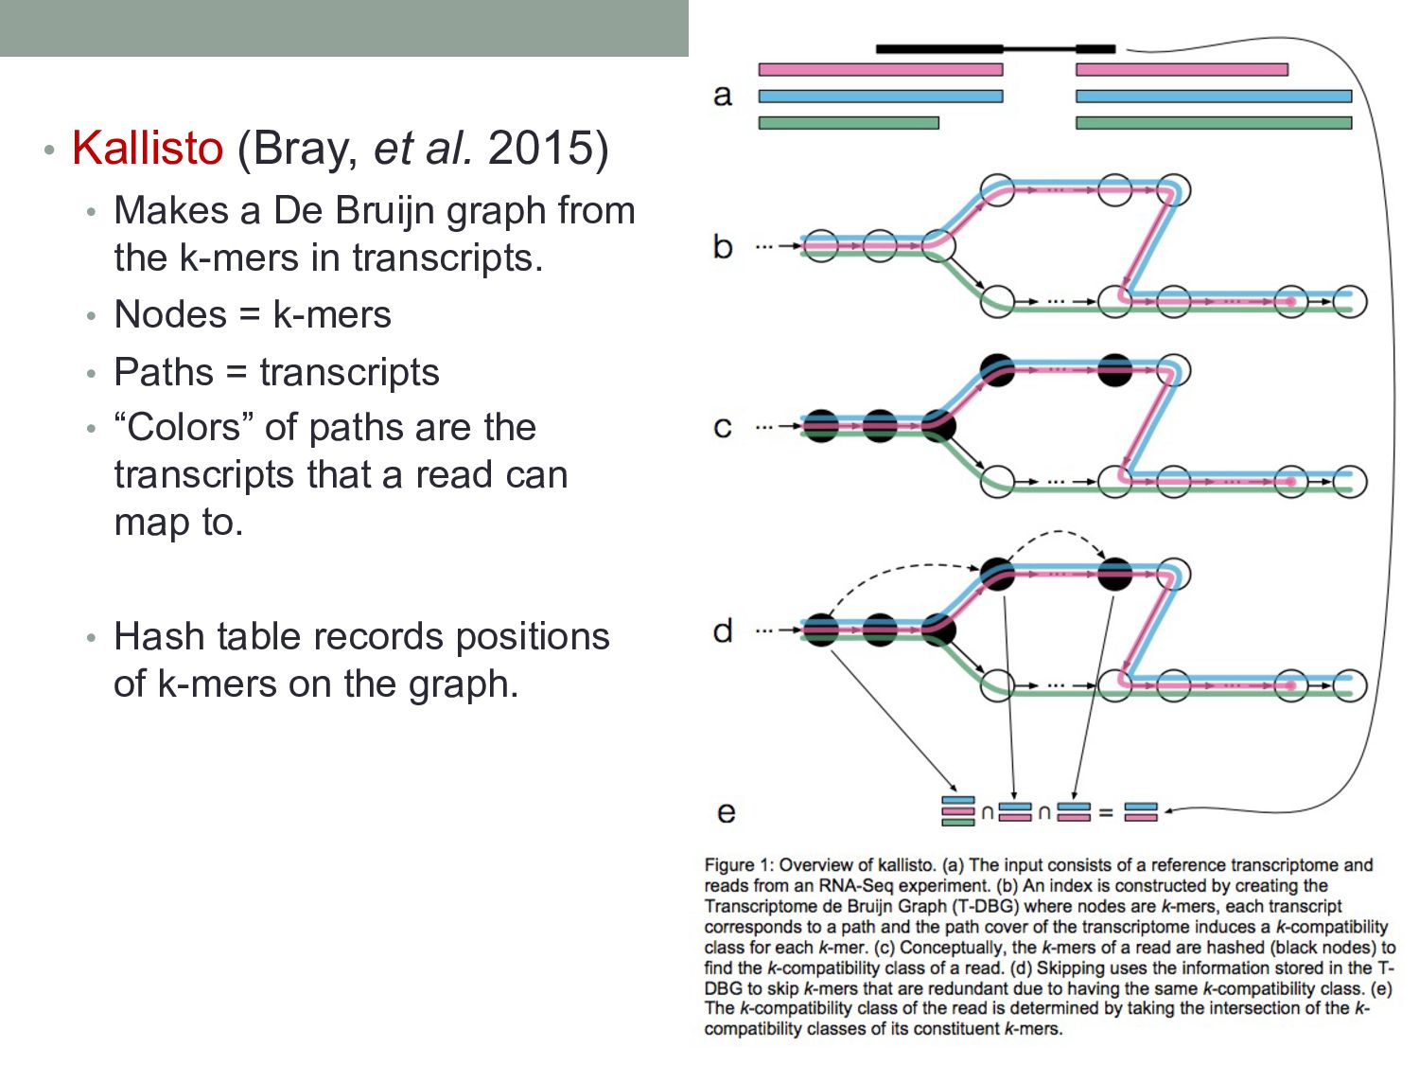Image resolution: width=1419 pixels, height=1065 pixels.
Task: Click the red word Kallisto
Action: point(148,148)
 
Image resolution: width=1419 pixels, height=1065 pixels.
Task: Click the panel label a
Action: point(723,95)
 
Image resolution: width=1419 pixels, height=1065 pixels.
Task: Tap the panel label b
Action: point(723,246)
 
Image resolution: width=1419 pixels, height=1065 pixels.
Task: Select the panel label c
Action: point(723,427)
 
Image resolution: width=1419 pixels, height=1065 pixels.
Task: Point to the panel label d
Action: point(723,630)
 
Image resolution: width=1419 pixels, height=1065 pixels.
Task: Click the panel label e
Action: point(726,812)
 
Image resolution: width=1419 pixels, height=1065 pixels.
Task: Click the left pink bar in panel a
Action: point(880,70)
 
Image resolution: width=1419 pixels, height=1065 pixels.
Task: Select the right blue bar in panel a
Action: point(1213,96)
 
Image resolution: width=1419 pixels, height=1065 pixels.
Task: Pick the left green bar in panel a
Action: point(849,123)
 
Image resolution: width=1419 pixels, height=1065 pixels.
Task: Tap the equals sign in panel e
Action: point(1105,812)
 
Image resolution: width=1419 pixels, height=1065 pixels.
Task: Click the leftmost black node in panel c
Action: point(820,426)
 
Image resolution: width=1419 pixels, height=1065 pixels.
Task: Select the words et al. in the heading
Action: point(423,148)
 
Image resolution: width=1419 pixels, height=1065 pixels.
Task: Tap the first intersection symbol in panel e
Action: point(987,812)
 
